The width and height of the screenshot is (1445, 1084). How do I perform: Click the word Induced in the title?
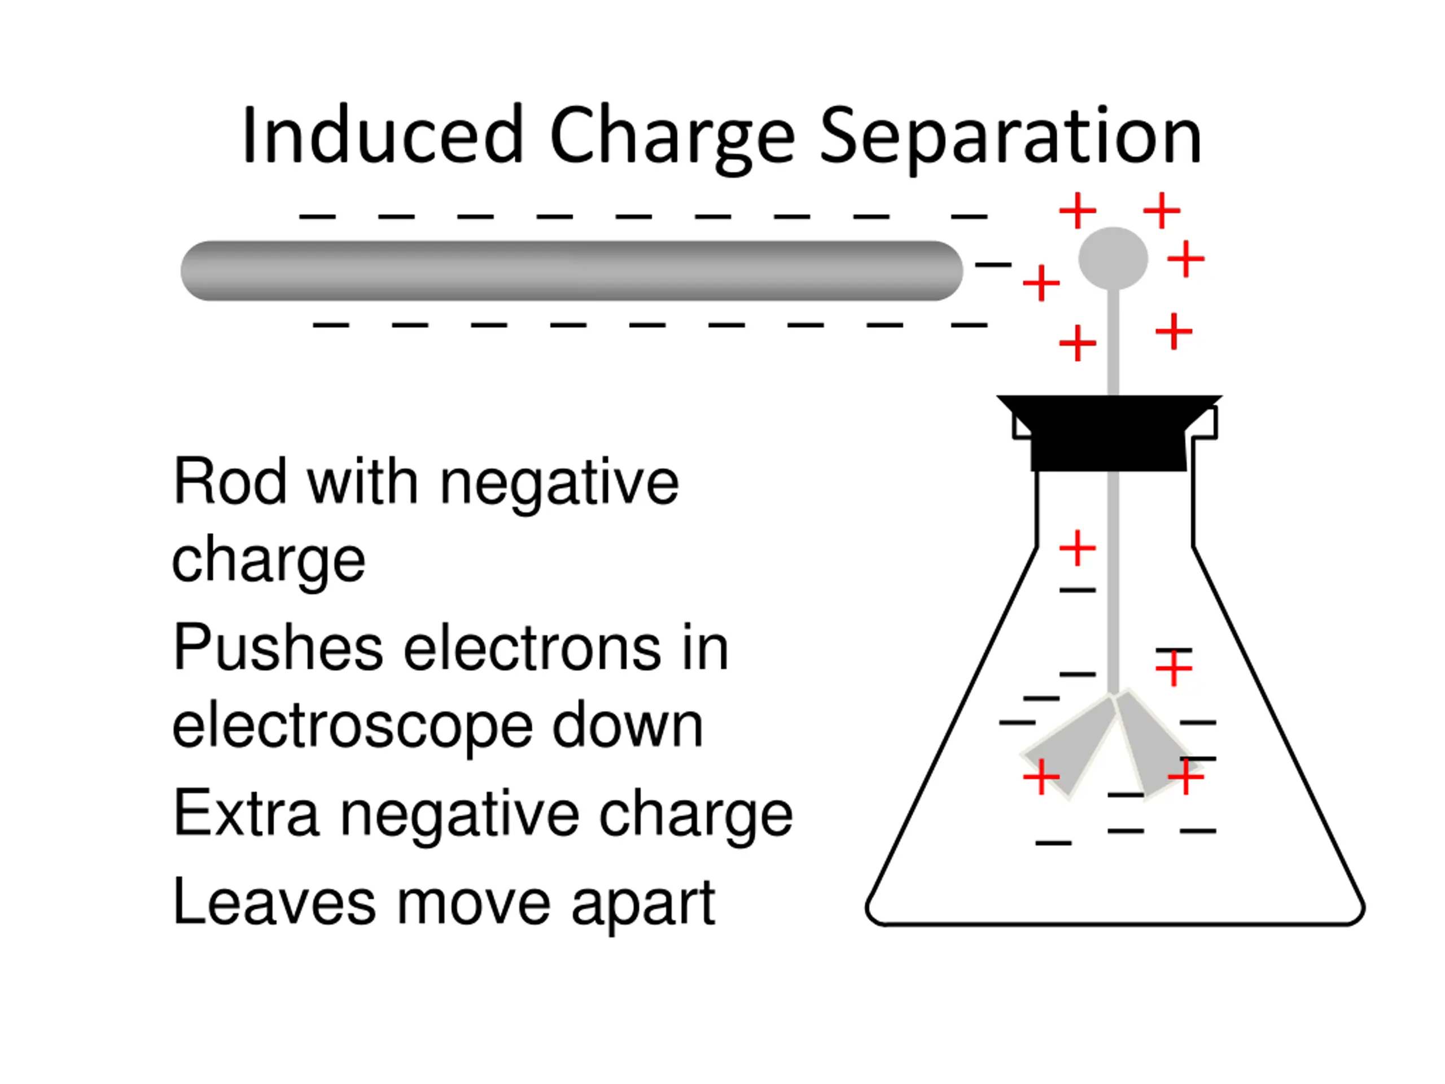(382, 135)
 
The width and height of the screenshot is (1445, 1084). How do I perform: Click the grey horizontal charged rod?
(572, 270)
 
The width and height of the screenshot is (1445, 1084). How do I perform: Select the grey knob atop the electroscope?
(1113, 257)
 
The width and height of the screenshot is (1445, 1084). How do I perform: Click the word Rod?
(229, 482)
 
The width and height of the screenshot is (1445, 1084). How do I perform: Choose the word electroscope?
(353, 727)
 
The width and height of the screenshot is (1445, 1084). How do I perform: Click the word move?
(474, 903)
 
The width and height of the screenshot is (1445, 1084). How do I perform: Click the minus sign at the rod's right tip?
(993, 265)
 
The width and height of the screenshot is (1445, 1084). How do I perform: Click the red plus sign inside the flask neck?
(1077, 548)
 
